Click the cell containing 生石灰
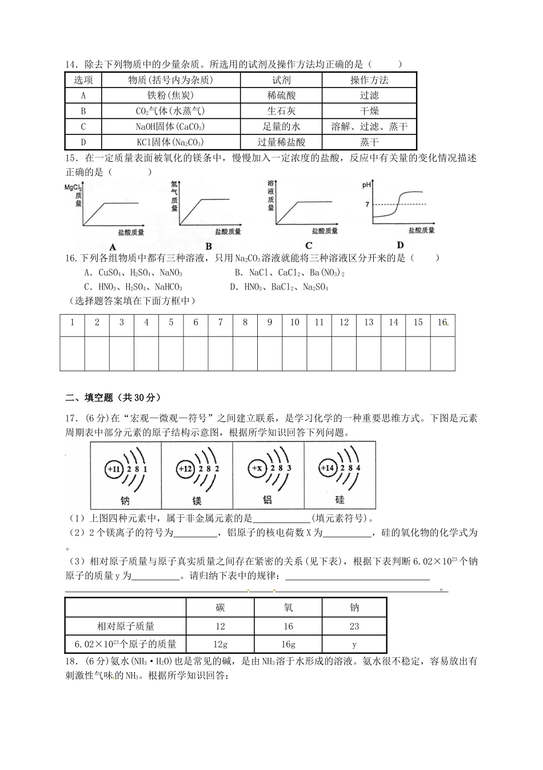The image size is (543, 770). [281, 111]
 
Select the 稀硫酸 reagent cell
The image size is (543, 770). [281, 96]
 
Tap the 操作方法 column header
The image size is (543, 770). [369, 80]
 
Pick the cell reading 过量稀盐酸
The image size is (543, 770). [281, 142]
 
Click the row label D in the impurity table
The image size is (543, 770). [83, 142]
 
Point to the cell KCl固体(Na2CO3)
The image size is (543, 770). [170, 142]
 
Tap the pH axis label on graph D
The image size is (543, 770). [366, 185]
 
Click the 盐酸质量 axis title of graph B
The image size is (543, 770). [228, 232]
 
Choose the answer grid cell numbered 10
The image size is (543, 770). [294, 323]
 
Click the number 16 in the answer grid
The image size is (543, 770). [442, 323]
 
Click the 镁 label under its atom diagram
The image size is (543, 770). [197, 501]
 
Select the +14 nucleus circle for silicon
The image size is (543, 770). [328, 468]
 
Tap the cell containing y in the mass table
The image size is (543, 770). [354, 644]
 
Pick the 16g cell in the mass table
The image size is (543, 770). [288, 644]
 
